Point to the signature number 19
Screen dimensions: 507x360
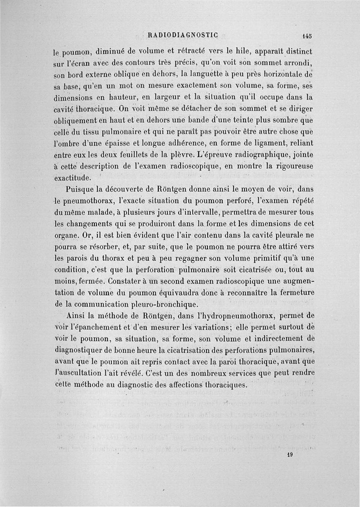click(290, 454)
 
